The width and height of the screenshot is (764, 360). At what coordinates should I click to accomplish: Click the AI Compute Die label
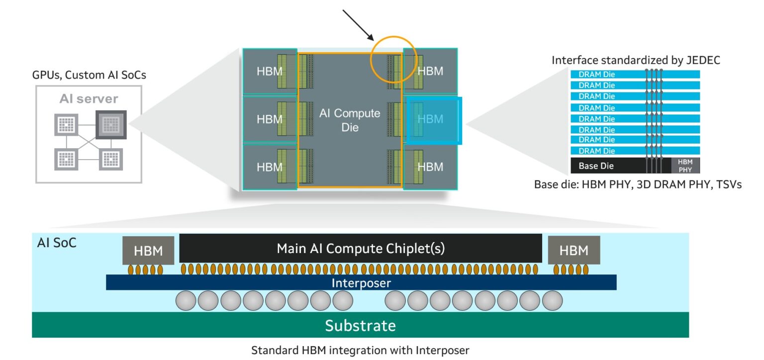tap(349, 120)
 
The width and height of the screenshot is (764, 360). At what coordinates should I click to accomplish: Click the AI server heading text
tap(89, 98)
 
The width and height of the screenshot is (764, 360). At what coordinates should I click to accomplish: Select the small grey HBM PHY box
tap(685, 166)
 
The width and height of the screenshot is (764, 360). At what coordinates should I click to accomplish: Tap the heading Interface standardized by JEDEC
tap(636, 60)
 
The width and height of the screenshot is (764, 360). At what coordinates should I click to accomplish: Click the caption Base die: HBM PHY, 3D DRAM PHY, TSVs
tap(638, 184)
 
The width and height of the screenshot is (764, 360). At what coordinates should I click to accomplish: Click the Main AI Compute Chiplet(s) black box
tap(360, 248)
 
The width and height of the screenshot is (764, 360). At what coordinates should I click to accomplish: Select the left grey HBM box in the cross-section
tap(148, 251)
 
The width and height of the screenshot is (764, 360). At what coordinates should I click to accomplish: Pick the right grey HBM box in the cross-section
tap(573, 250)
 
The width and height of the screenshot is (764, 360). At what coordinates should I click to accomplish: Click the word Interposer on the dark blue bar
tap(361, 283)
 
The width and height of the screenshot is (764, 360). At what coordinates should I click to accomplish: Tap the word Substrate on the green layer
tap(360, 326)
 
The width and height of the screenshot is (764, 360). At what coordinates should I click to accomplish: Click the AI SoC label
tap(57, 244)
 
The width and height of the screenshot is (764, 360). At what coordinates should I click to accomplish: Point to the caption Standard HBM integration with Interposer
tap(360, 350)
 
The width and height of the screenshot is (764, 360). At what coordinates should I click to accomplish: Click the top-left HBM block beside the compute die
tap(269, 71)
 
